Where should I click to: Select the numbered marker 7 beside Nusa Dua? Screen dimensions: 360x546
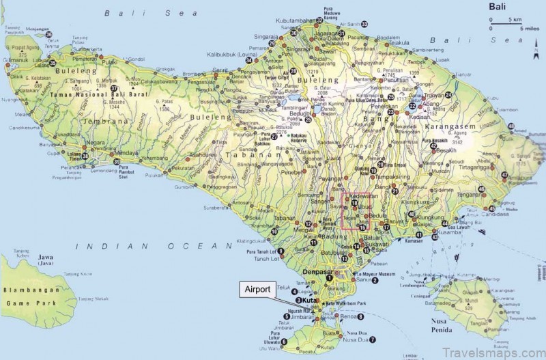373,340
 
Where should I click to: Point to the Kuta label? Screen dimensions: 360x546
311,301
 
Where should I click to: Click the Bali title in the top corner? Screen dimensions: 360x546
498,7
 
